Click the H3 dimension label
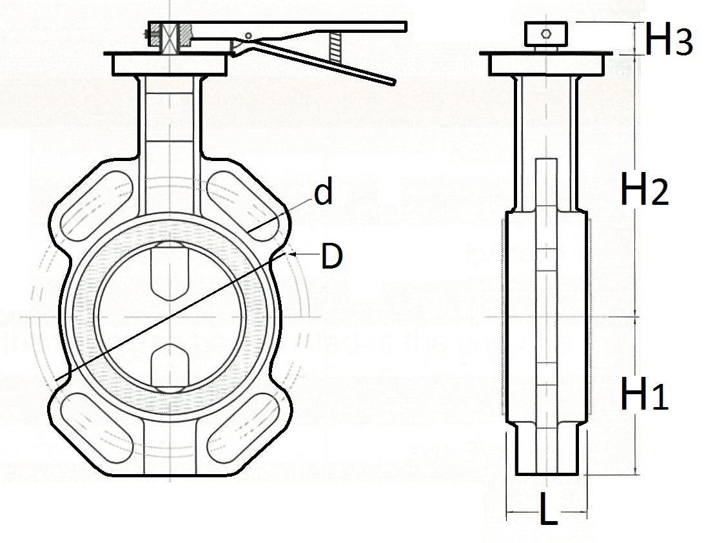point(669,40)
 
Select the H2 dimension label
point(643,190)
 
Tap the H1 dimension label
point(643,394)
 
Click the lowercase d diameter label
point(324,193)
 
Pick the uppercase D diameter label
point(331,256)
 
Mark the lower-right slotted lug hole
point(244,426)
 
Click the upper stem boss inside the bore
point(170,271)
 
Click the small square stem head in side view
point(546,34)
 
